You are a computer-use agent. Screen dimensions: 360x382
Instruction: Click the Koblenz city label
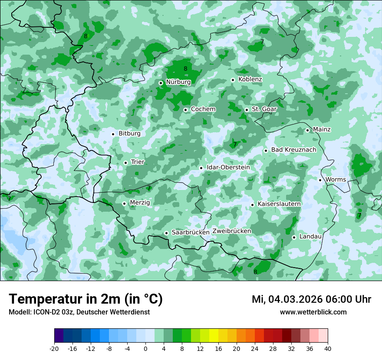(x=250, y=79)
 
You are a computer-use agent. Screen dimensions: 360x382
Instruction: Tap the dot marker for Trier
(x=125, y=163)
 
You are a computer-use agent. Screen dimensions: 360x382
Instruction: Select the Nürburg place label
(x=178, y=82)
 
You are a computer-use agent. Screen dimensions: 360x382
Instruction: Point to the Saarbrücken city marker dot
(x=166, y=233)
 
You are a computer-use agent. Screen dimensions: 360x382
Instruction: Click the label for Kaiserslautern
(x=279, y=204)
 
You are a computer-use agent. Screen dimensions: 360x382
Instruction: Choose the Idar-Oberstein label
(x=228, y=167)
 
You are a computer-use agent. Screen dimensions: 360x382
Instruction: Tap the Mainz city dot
(x=307, y=130)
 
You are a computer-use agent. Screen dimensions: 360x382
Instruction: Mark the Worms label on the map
(x=336, y=180)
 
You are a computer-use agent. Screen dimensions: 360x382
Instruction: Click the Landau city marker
(x=294, y=237)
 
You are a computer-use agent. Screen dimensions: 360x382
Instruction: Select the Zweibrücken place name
(x=232, y=231)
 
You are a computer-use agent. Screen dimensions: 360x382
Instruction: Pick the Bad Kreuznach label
(x=293, y=150)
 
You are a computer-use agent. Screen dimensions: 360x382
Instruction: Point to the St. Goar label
(x=264, y=109)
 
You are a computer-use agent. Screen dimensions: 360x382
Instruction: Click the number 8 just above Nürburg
(x=185, y=69)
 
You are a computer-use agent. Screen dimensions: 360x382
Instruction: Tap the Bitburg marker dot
(x=113, y=134)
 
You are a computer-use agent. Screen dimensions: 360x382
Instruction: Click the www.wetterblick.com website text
(x=313, y=312)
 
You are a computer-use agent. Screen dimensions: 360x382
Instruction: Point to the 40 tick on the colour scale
(x=328, y=349)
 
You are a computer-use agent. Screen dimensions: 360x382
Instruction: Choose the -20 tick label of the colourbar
(x=54, y=349)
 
